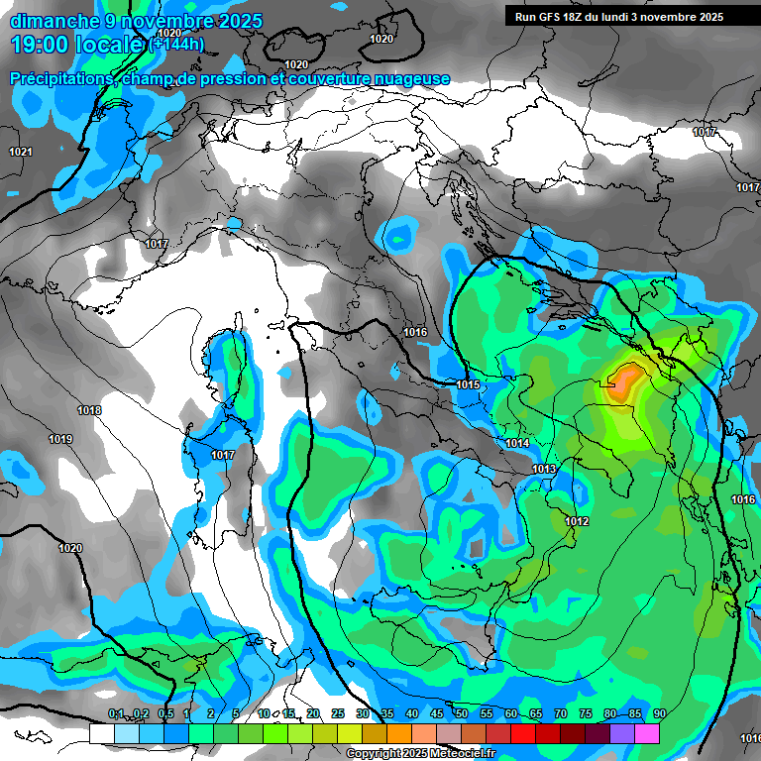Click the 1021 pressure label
[20, 152]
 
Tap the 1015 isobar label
[469, 384]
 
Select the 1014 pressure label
[517, 443]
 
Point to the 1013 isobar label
[544, 469]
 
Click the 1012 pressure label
[578, 521]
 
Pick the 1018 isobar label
[89, 410]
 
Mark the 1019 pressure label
[60, 439]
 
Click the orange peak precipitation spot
[624, 381]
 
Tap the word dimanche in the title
[51, 21]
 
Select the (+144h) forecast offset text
[176, 45]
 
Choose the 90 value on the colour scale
[659, 714]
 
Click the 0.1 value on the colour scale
[116, 714]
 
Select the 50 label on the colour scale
[462, 714]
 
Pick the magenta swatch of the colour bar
[647, 733]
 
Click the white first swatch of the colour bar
[101, 733]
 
